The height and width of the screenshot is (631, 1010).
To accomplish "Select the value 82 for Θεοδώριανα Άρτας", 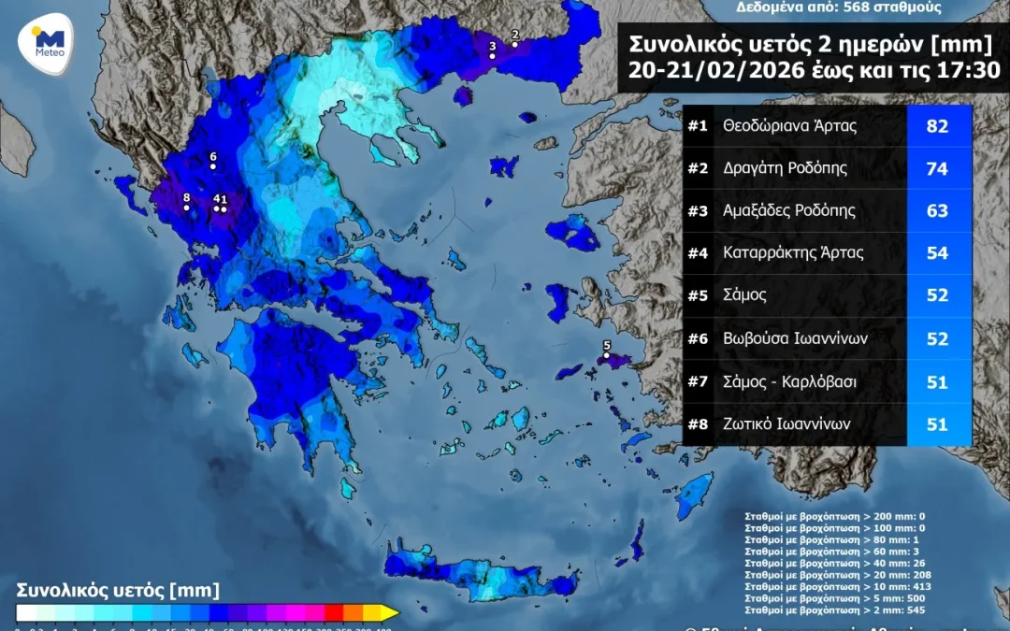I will (937, 126).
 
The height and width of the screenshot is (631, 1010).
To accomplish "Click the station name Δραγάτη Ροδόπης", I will (785, 168).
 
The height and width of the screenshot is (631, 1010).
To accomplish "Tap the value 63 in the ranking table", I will (937, 211).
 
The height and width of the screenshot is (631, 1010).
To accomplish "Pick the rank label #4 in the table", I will (698, 253).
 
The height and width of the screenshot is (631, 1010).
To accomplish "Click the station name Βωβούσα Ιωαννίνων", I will (795, 338).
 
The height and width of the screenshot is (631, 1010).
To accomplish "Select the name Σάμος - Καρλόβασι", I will (788, 381).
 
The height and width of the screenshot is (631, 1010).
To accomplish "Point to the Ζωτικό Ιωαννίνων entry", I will (786, 423).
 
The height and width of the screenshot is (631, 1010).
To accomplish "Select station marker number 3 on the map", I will (492, 55).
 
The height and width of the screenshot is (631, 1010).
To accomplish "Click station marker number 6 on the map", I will (213, 166).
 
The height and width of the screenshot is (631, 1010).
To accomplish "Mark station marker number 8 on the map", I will (187, 208).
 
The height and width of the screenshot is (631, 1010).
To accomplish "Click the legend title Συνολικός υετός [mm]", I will (118, 590).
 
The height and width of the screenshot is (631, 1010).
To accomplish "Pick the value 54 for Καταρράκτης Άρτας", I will (937, 253).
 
